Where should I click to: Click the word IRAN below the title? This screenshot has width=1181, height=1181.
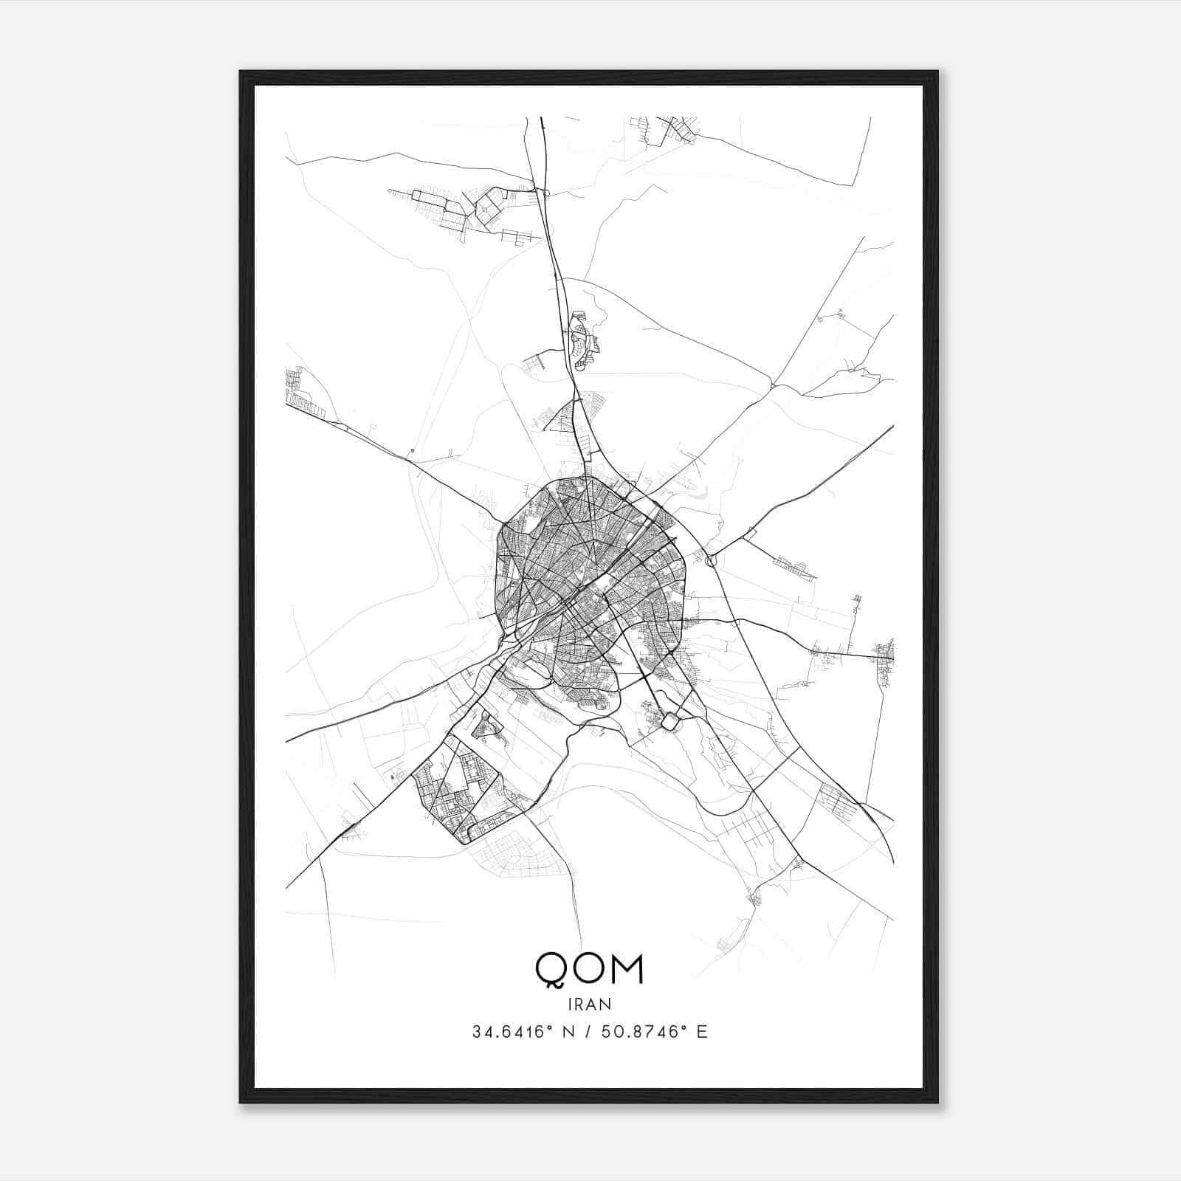point(589,1004)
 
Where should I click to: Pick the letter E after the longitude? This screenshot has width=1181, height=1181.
point(702,1032)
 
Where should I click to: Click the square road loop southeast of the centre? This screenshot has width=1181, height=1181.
point(669,721)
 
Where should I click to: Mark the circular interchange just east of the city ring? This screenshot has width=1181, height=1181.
point(711,561)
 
